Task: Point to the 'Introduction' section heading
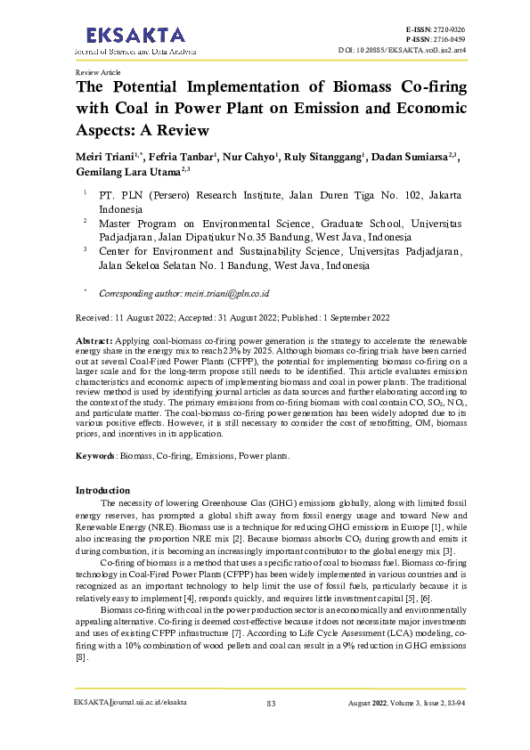(103, 491)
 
